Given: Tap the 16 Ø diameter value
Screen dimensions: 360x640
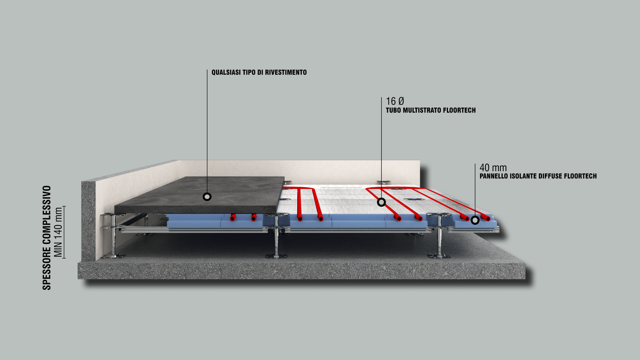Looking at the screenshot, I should (x=395, y=101).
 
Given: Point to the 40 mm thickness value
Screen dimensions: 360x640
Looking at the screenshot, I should (x=493, y=168).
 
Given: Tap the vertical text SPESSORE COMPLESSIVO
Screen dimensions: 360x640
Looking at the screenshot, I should (x=47, y=238).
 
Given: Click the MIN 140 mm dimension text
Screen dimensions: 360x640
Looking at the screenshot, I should (x=58, y=232).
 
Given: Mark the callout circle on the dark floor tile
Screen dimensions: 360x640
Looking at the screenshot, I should (x=207, y=196).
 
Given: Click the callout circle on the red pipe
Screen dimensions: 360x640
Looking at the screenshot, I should (x=381, y=202).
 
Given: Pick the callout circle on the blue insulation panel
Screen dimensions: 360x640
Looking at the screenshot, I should (x=475, y=220).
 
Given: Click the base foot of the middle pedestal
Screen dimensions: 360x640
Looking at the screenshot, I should (x=276, y=256).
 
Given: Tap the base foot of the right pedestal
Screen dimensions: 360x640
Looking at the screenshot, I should (x=439, y=256).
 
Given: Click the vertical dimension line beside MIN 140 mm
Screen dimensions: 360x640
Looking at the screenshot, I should (x=64, y=232).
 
